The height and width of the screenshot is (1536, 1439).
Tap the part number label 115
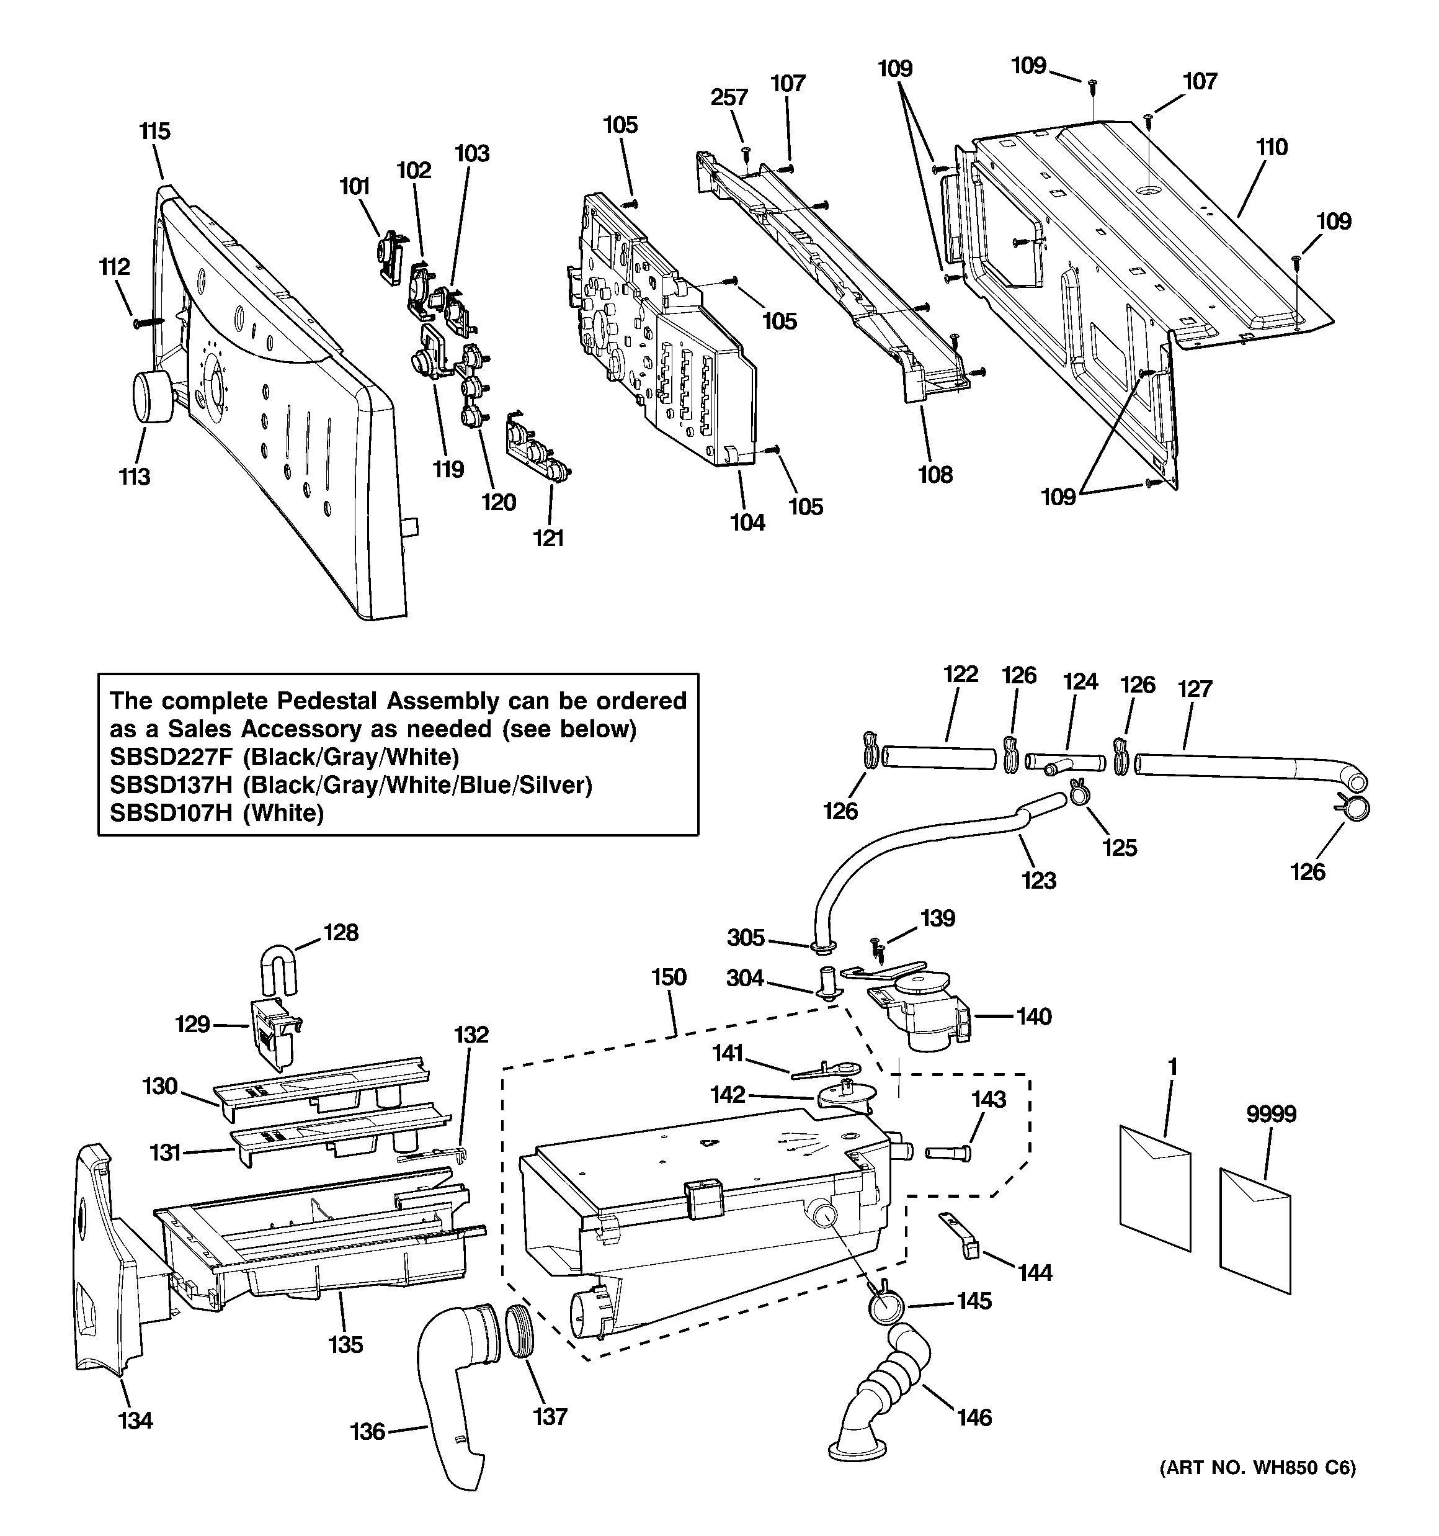pos(154,132)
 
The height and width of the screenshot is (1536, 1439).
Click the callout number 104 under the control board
pos(747,523)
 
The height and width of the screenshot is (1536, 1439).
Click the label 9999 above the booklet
pos(1271,1114)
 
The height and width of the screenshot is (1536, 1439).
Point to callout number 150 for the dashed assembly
pos(668,977)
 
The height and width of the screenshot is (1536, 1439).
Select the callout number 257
pos(729,97)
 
